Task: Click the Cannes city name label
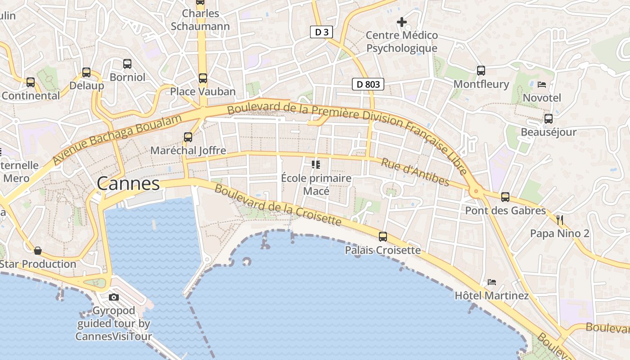point(128,184)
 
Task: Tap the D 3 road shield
point(322,32)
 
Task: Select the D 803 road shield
point(368,84)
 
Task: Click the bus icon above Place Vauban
point(203,78)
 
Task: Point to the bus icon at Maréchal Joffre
point(188,137)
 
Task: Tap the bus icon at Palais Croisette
point(383,236)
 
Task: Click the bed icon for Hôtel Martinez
point(492,282)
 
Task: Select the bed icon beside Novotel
point(542,84)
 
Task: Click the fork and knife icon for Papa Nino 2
point(560,220)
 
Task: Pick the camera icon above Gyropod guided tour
point(114,297)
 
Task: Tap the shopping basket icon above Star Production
point(38,250)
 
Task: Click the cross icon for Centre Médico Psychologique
point(401,22)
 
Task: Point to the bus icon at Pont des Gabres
point(505,197)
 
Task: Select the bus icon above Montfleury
point(481,70)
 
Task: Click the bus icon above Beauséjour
point(548,118)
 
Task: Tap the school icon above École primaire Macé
point(316,164)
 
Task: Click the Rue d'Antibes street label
point(415,171)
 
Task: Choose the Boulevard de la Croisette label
point(278,205)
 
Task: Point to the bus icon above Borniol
point(127,63)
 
